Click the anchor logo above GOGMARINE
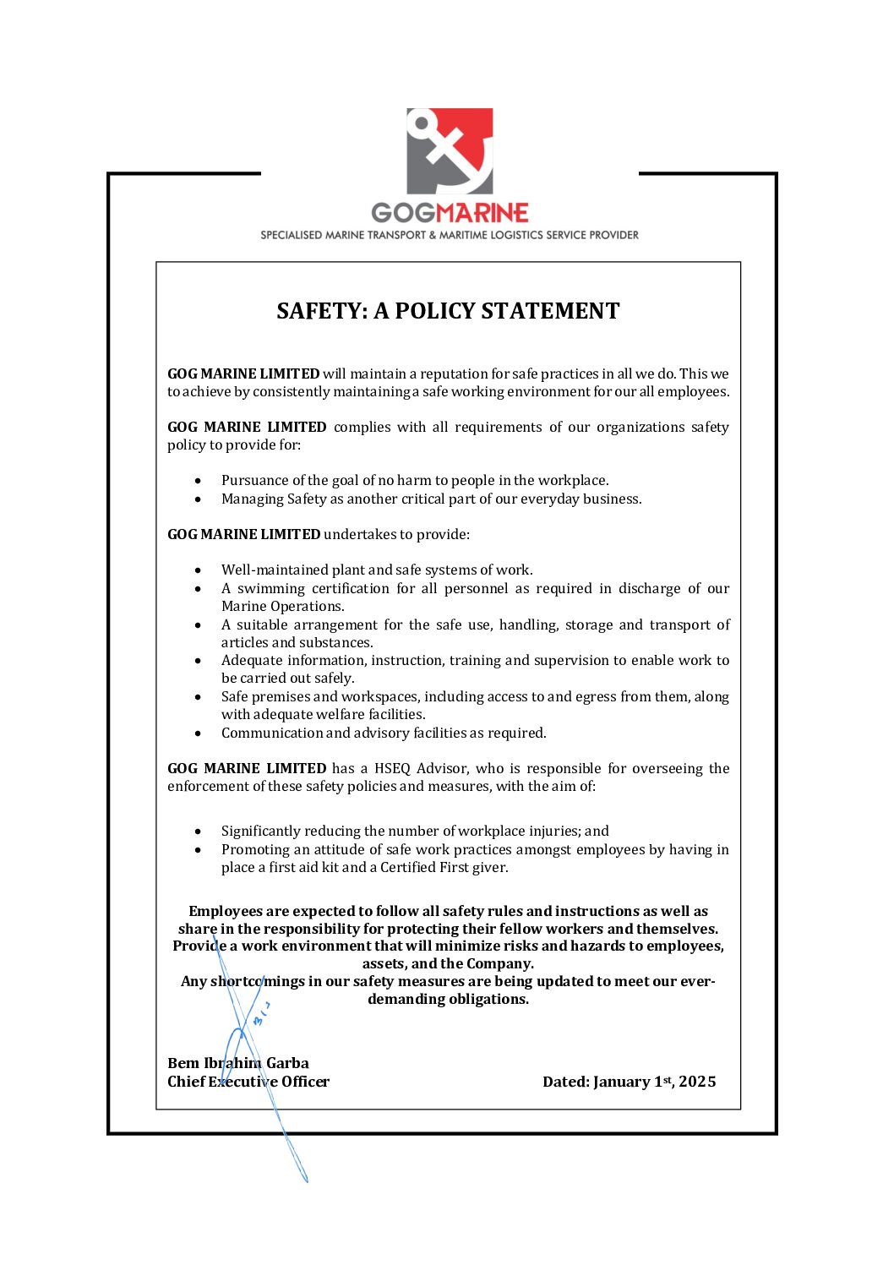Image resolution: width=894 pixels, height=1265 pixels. point(450,151)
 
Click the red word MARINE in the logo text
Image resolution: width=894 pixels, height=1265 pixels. point(482,213)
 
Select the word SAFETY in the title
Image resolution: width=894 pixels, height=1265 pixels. point(319,311)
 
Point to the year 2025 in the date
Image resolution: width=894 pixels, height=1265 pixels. point(697,1082)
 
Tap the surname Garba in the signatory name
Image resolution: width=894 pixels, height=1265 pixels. point(287,1063)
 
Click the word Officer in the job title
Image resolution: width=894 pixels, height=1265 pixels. point(305,1082)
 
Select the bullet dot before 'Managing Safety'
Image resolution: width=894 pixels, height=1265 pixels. point(198,499)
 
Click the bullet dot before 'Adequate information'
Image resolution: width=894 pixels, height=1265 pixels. point(198,661)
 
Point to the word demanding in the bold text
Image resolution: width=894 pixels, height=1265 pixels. point(401,999)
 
